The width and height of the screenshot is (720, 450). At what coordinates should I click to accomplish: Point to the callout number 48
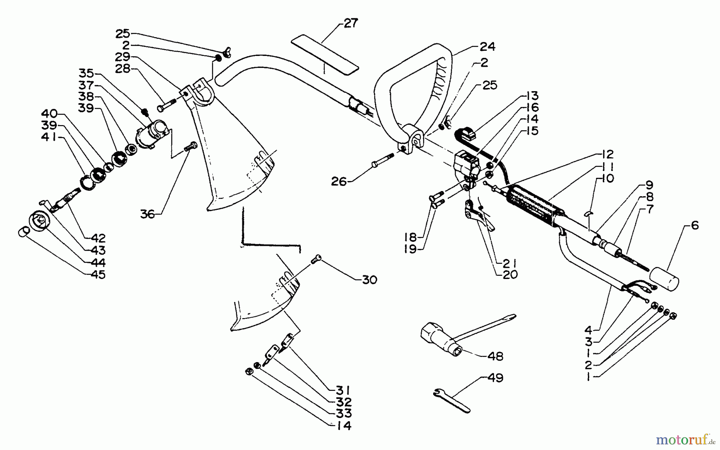(x=496, y=356)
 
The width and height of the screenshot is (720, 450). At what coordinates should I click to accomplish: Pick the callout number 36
(x=147, y=214)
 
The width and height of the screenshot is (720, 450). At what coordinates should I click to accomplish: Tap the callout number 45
(x=98, y=275)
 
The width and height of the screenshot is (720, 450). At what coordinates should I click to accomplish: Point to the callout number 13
(x=532, y=96)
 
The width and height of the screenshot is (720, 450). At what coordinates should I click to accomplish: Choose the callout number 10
(x=607, y=178)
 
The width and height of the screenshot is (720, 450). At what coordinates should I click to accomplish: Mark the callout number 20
(x=510, y=275)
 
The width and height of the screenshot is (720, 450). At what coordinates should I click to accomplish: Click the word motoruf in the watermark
(x=681, y=440)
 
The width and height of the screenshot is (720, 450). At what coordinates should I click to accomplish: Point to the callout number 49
(x=496, y=378)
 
